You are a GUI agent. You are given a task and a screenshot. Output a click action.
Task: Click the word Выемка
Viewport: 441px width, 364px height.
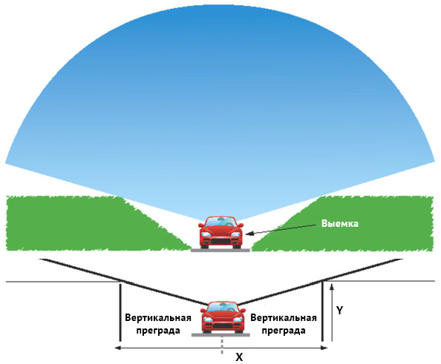[x=340, y=224]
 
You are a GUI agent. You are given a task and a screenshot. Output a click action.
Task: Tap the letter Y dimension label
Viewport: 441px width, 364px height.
[x=340, y=311]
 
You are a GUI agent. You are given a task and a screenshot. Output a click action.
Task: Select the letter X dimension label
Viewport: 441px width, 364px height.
[x=239, y=357]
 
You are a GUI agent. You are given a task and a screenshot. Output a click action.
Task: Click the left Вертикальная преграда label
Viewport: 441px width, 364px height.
[x=158, y=324]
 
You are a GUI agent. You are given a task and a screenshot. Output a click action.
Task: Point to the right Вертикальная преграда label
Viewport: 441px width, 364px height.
[x=284, y=324]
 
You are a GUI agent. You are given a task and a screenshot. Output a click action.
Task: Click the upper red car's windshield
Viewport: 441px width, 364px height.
[x=220, y=222]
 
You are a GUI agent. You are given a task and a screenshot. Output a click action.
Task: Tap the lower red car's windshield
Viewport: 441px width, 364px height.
[x=223, y=307]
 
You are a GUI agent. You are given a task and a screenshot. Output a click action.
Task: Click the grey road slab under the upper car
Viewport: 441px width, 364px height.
[x=220, y=250]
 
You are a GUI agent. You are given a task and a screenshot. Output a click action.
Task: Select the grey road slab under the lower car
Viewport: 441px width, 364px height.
[x=220, y=335]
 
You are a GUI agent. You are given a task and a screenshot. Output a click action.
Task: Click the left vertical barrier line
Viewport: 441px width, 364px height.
[x=120, y=312]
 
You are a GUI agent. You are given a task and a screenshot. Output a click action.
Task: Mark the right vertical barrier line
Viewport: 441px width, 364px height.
[x=322, y=311]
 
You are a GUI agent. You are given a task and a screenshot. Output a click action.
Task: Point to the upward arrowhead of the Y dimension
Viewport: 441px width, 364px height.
[x=332, y=287]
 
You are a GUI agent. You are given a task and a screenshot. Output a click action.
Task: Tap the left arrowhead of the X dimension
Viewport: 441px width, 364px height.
[x=118, y=348]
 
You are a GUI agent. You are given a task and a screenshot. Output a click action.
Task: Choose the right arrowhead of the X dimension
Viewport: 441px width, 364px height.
[x=324, y=348]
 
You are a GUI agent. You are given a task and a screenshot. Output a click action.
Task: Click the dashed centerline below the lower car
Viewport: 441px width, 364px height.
[x=222, y=345]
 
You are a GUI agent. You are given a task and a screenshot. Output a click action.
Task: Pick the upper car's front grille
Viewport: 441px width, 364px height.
[x=220, y=241]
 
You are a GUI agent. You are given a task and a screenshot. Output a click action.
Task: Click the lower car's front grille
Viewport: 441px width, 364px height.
[x=223, y=326]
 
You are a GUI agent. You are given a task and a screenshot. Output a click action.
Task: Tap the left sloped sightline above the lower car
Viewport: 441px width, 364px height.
[x=124, y=282]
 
